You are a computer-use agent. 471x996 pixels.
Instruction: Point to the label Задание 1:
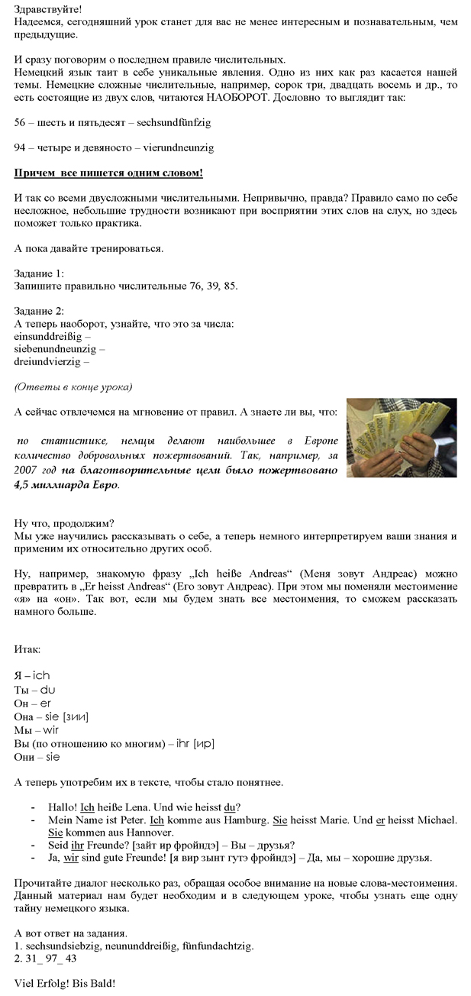[40, 273]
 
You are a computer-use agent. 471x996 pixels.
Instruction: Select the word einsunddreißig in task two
[49, 335]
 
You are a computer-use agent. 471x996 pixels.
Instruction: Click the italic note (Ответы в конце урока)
[73, 386]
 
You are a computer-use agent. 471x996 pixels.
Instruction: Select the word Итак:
[27, 649]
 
